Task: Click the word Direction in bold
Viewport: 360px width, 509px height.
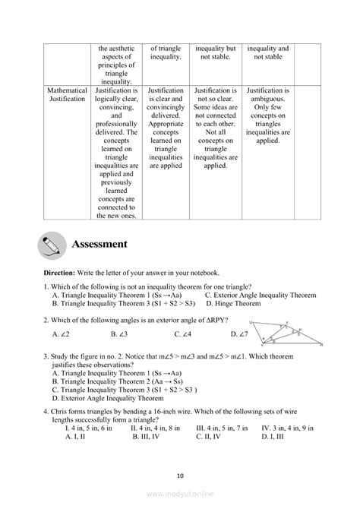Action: [x=58, y=272]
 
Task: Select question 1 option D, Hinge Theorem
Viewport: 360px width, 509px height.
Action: [x=229, y=303]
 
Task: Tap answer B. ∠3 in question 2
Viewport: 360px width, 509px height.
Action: [x=118, y=334]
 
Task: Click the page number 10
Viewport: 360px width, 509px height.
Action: [x=180, y=476]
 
